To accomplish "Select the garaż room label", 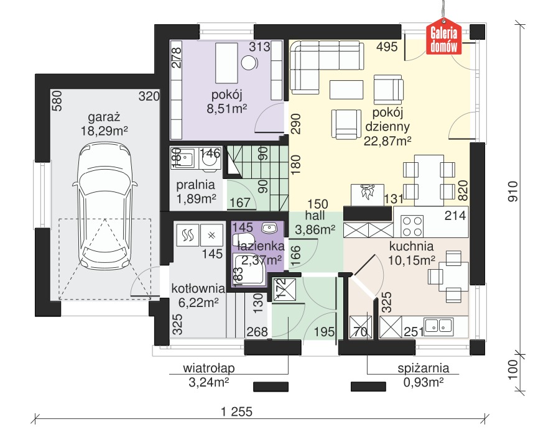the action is (x=104, y=117).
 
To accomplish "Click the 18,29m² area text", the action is (x=104, y=131).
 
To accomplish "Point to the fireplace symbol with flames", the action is (x=368, y=194).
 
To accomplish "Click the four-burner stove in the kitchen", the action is (x=412, y=226).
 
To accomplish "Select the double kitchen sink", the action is (x=439, y=325).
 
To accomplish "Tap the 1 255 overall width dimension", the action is (x=236, y=411).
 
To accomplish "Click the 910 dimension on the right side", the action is (x=512, y=191).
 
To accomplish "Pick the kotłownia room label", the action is (x=198, y=289).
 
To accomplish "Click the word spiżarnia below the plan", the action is (x=424, y=368).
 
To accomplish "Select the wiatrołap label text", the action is (x=208, y=368).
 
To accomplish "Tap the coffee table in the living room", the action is (x=346, y=90).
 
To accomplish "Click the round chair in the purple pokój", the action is (x=249, y=63).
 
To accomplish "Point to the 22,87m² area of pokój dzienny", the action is (x=387, y=141).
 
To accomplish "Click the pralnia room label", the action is (x=195, y=185).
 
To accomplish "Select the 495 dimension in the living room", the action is (x=387, y=47).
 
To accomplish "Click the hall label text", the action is (x=315, y=216).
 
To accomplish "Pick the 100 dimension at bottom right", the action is (x=512, y=370).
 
